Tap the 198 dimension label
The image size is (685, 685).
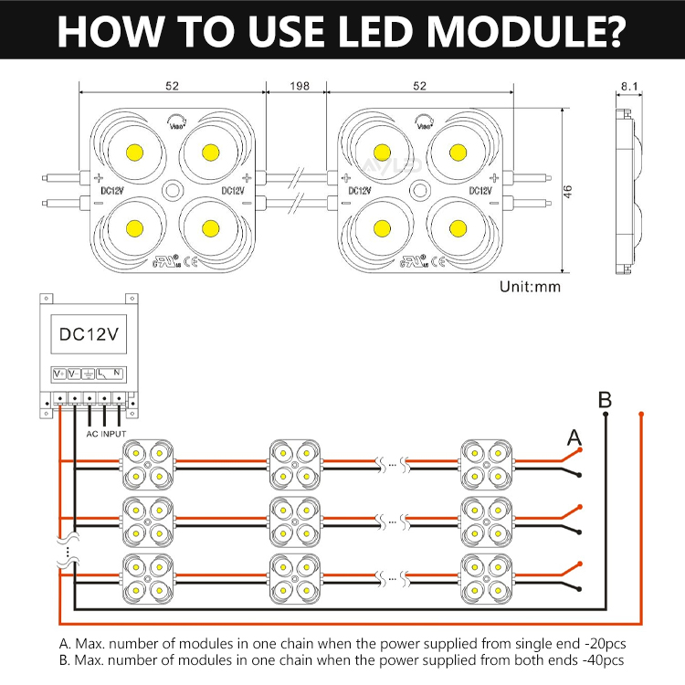[x=298, y=87]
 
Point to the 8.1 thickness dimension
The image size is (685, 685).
[x=628, y=87]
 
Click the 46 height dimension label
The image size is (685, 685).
[x=568, y=191]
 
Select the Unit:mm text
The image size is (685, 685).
[x=530, y=286]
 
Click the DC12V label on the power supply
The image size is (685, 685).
[x=88, y=334]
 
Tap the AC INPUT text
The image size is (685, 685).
[x=106, y=434]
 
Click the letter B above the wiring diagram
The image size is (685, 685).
[x=605, y=400]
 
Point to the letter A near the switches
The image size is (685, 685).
[x=574, y=437]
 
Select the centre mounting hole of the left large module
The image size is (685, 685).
[x=172, y=190]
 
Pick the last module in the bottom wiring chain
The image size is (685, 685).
[x=485, y=576]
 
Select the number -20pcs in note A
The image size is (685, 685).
[x=603, y=643]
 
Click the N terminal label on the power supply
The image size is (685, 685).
[x=118, y=373]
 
